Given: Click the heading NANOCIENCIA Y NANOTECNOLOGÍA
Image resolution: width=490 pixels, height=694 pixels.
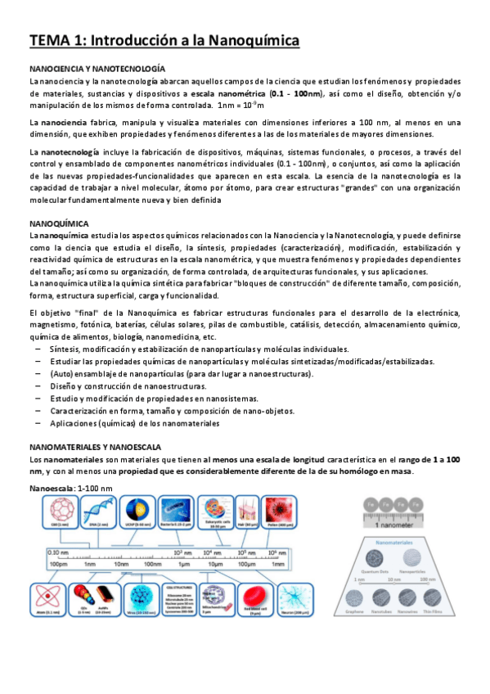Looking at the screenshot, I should tap(97, 70).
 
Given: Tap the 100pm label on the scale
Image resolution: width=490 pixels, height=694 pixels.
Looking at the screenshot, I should tap(57, 564).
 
